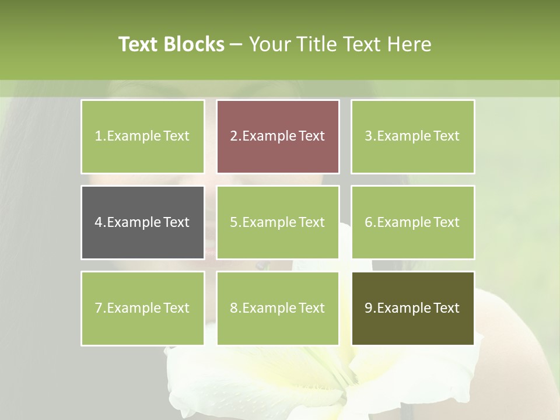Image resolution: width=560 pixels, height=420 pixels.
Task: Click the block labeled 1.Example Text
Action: tap(142, 136)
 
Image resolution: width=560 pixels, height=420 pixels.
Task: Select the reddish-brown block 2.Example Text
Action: tap(278, 136)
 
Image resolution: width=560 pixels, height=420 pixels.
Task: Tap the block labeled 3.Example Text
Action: tap(412, 136)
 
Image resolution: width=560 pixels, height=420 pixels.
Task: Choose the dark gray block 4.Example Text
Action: tap(142, 222)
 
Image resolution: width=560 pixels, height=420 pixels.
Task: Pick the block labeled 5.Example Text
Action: tap(278, 222)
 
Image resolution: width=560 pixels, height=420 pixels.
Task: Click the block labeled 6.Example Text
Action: tap(412, 222)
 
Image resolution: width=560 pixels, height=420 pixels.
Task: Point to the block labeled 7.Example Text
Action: tap(142, 308)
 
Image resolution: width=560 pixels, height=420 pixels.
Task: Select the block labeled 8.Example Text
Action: tap(278, 308)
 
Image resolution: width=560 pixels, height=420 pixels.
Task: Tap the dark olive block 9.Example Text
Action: tap(412, 308)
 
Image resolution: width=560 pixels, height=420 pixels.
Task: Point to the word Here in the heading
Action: tap(411, 44)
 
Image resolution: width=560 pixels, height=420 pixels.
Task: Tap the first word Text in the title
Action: tap(139, 44)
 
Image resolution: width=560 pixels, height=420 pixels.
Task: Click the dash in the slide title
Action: tap(236, 44)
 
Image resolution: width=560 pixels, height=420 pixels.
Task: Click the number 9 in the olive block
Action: tap(368, 308)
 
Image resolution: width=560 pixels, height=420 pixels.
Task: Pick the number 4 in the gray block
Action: tap(98, 222)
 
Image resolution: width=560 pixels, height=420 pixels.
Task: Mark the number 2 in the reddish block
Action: tap(233, 136)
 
